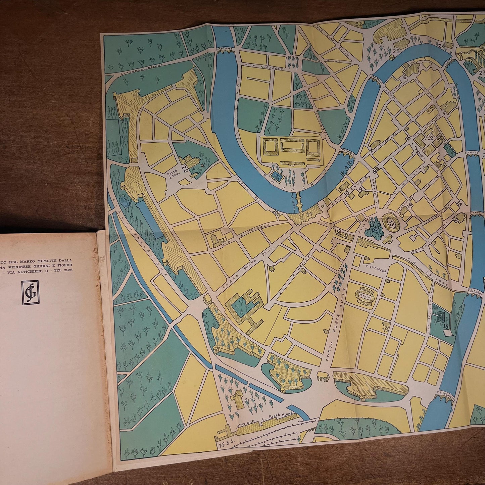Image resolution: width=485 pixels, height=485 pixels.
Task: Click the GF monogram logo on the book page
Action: point(30,292)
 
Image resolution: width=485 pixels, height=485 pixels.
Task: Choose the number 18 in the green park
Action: point(446,326)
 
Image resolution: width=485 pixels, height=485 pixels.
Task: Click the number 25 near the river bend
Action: point(396,51)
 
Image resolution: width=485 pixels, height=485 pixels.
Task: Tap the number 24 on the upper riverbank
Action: point(441,46)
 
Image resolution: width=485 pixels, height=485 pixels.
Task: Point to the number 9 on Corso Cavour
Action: point(360,189)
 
